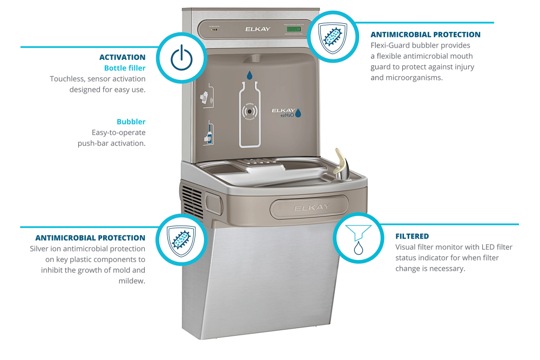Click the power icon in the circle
pos(181,58)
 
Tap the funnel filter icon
pos(357,238)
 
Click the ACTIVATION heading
pos(122,57)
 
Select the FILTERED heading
pos(412,236)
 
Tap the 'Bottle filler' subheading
pos(125,68)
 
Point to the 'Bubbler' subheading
pos(131,122)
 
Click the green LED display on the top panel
pos(294,29)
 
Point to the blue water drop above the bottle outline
pos(250,75)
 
